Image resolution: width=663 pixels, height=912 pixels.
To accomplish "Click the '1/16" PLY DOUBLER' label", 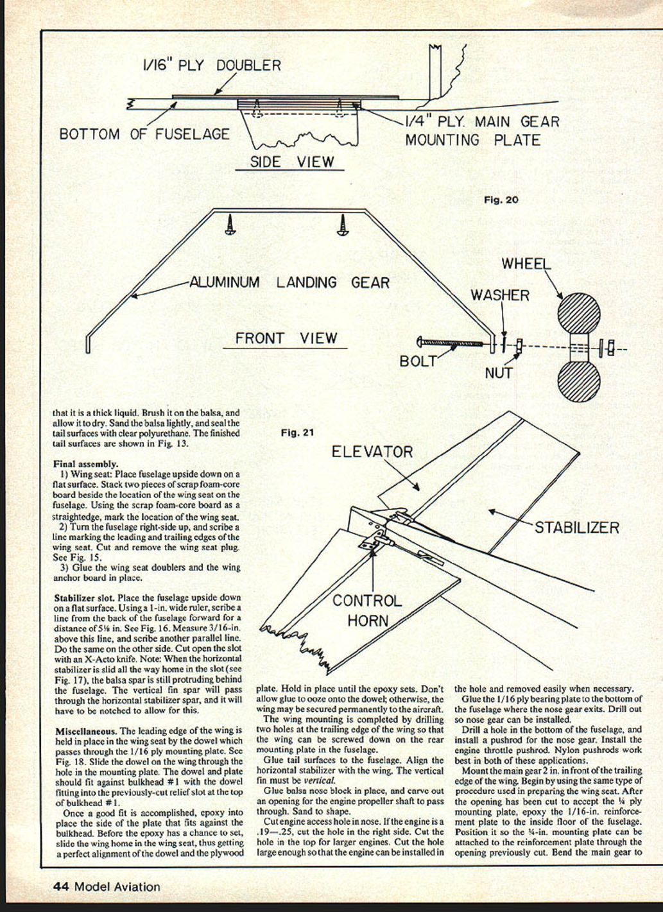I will coord(211,65).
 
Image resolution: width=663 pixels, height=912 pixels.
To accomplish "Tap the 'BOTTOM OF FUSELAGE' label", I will coord(144,134).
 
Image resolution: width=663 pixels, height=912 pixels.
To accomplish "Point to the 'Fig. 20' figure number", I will coord(501,200).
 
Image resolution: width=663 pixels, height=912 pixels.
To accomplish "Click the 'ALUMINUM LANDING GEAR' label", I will coord(289,282).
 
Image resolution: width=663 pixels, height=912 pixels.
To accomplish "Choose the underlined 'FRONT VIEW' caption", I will coord(286,338).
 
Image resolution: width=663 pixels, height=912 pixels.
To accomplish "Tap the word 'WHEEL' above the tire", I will coord(526,264).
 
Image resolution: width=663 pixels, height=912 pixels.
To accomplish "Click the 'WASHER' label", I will coord(500,295).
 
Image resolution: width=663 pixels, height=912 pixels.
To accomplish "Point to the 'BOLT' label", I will coord(418,361).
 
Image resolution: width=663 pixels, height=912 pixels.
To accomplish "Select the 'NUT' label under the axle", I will coord(499,372).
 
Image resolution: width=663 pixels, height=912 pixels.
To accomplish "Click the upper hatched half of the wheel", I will coord(578,314).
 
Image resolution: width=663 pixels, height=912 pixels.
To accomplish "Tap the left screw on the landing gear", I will coord(230,225).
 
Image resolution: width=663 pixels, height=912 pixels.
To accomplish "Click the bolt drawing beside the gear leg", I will coord(451,344).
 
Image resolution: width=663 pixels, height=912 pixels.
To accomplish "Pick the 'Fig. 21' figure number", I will coord(298,433).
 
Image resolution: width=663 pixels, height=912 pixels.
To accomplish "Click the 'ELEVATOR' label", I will coord(372,452).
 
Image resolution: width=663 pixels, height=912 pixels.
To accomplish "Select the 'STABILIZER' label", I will coord(577,528).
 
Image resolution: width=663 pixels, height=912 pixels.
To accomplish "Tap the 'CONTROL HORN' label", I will coord(367,610).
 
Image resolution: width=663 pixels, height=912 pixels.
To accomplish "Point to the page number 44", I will coord(61,887).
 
